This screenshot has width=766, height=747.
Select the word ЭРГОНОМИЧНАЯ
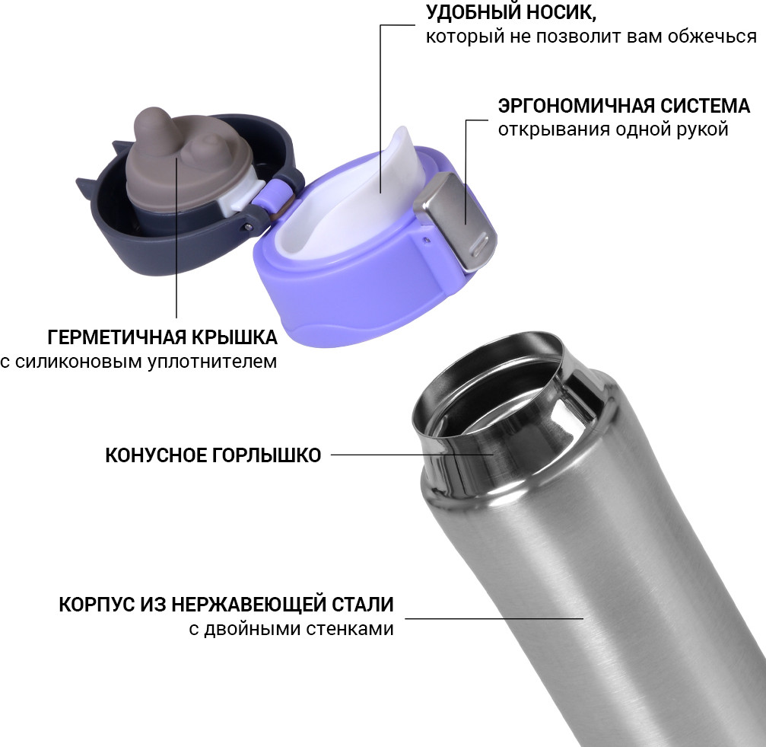576,106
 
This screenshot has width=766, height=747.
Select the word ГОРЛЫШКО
266,455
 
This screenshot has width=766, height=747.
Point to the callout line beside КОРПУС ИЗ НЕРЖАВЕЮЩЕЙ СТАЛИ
494,619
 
